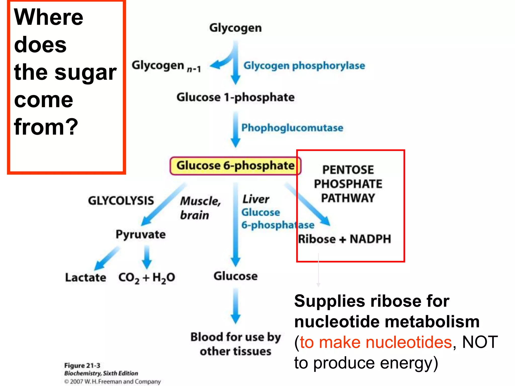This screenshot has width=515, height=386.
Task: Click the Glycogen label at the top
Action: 235,28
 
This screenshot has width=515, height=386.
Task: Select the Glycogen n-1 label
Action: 166,66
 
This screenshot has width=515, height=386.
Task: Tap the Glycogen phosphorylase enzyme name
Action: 304,66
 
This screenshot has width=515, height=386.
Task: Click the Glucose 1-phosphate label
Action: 235,97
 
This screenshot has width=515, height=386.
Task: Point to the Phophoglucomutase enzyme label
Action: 292,128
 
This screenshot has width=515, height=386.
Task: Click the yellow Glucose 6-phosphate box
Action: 235,166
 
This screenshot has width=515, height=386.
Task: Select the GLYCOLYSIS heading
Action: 121,201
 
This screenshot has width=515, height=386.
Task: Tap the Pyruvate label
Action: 141,234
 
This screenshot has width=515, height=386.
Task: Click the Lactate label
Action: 85,277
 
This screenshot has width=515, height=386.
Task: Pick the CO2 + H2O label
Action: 147,278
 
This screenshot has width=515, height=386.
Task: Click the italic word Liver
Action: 255,199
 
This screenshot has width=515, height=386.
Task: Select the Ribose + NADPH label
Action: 344,239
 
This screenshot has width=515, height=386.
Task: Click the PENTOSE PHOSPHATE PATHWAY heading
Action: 348,184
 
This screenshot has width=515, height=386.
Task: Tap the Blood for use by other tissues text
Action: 235,344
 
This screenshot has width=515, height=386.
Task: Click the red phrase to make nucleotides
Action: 376,342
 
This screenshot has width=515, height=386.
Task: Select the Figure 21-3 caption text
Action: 82,365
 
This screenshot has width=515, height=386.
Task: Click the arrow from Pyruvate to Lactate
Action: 107,258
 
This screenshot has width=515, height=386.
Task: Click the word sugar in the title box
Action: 85,72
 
